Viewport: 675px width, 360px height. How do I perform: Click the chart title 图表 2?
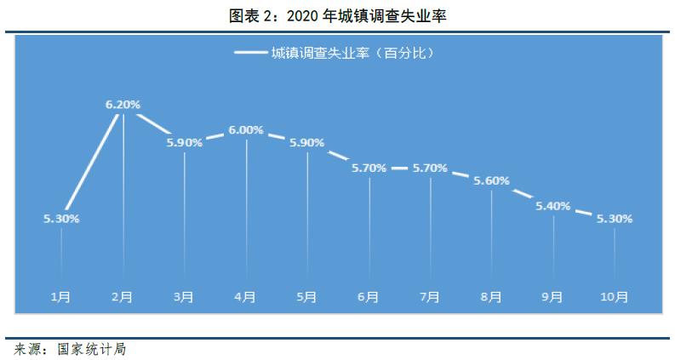pyautogui.click(x=338, y=14)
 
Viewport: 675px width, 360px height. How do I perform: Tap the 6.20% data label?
pyautogui.click(x=123, y=104)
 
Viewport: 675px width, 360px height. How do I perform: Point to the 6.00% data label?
pyautogui.click(x=246, y=130)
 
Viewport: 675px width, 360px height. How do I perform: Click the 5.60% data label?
pyautogui.click(x=491, y=180)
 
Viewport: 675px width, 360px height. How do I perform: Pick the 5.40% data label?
pyautogui.click(x=552, y=206)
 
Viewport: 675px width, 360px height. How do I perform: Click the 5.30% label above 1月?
pyautogui.click(x=61, y=219)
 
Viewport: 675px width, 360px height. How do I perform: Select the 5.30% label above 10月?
pyautogui.click(x=615, y=219)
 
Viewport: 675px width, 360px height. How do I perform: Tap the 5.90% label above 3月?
pyautogui.click(x=185, y=143)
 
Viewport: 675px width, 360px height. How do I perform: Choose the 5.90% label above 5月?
pyautogui.click(x=307, y=143)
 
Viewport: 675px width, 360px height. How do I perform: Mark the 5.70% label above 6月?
pyautogui.click(x=369, y=168)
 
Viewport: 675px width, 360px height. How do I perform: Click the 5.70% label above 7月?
pyautogui.click(x=430, y=168)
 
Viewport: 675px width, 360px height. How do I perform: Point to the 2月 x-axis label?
pyautogui.click(x=122, y=297)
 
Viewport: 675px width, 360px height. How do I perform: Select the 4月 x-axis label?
pyautogui.click(x=245, y=297)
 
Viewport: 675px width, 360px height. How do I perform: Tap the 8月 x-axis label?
pyautogui.click(x=491, y=297)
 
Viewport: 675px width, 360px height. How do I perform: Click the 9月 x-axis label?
pyautogui.click(x=552, y=297)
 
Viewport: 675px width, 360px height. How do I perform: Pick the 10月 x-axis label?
pyautogui.click(x=615, y=297)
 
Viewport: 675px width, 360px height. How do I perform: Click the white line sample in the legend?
pyautogui.click(x=249, y=53)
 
